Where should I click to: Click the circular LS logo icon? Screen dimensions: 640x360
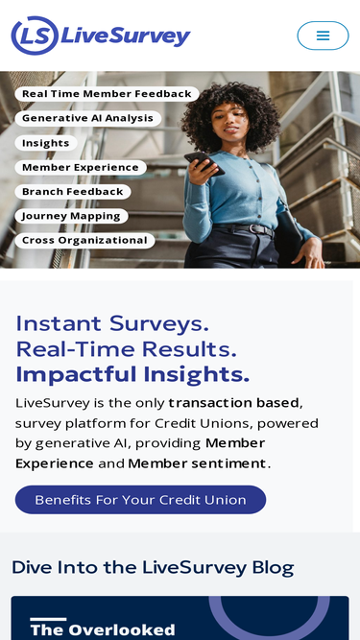34,36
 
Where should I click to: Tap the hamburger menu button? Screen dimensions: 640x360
323,36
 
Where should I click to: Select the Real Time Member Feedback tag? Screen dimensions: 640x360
107,94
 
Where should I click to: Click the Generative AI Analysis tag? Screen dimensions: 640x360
87,118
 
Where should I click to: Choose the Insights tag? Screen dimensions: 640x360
46,143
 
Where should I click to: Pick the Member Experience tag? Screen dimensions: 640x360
80,167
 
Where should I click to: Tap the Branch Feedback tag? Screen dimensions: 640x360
72,192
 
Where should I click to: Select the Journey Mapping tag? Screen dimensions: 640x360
71,216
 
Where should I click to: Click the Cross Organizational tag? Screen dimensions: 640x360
84,241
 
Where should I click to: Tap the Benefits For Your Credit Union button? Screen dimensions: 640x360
140,500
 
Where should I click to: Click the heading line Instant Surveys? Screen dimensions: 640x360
112,322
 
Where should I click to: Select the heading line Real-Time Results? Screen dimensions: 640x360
126,348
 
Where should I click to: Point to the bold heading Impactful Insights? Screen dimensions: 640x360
132,374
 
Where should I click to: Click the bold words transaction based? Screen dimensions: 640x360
235,402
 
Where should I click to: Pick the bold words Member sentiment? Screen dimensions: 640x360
197,463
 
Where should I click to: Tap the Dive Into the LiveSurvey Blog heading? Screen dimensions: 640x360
153,567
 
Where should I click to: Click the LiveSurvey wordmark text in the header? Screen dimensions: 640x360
125,36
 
